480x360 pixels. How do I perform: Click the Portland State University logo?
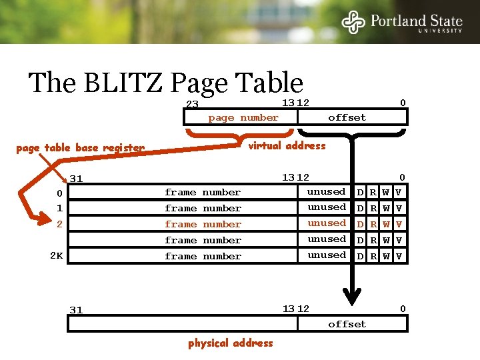coord(402,22)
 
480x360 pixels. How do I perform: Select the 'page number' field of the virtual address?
coord(243,117)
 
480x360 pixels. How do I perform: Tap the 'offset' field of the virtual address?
coord(347,117)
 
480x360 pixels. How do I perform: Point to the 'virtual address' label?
coord(287,146)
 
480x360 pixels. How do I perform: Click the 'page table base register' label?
coord(80,148)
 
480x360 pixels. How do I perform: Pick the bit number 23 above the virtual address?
coord(192,105)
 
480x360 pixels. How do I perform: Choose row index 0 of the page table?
coord(59,193)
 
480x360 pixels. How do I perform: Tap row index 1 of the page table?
coord(59,209)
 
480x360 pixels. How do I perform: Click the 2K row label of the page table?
coord(57,255)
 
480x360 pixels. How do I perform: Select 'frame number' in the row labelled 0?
coord(203,193)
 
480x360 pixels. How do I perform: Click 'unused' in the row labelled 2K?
coord(326,255)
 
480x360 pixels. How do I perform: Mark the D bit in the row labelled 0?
coord(360,193)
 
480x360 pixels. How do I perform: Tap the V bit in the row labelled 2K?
coord(399,256)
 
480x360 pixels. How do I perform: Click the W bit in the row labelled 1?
coord(386,209)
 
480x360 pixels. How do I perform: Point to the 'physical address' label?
coord(230,343)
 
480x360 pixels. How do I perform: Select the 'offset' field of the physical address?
coord(347,324)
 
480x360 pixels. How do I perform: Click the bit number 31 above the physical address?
coord(77,310)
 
